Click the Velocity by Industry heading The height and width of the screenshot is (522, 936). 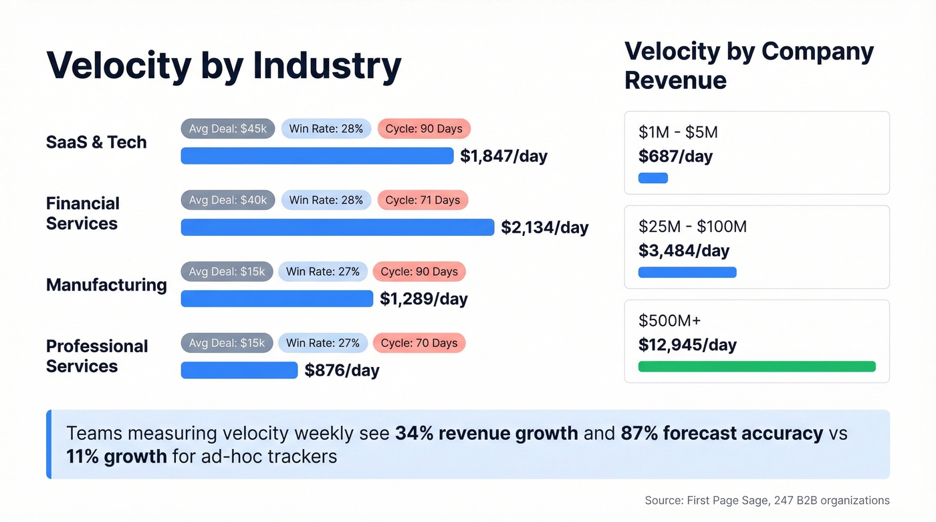pos(223,66)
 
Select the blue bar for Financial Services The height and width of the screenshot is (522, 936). pos(337,227)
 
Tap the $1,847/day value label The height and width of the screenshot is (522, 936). pos(503,156)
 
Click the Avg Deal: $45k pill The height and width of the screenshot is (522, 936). pos(227,128)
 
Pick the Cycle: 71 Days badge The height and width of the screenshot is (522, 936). pos(423,200)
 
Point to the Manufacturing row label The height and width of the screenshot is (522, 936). pos(106,285)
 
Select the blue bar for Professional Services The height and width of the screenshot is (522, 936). pos(239,370)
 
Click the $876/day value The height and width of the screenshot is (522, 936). pos(342,370)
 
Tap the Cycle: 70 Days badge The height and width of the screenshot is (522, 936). pos(419,343)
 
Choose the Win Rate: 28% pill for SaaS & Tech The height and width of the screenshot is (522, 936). pos(326,128)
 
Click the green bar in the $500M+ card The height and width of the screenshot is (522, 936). pos(756,366)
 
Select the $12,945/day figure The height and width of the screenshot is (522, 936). pos(687,345)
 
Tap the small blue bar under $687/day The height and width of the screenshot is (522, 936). pos(653,178)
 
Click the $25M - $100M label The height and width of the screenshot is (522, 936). pos(692,227)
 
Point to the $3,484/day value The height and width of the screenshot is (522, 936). pos(684,251)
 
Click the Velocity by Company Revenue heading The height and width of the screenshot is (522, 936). pos(749,66)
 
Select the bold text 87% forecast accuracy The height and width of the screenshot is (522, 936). pos(721,433)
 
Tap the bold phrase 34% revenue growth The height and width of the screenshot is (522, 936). pos(486,433)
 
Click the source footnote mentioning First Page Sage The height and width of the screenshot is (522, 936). pos(767,500)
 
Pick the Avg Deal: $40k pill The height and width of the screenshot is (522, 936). pos(227,200)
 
